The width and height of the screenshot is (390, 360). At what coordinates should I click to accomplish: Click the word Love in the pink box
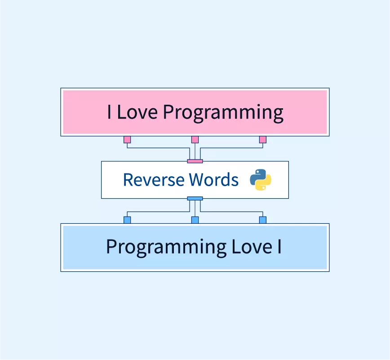click(137, 112)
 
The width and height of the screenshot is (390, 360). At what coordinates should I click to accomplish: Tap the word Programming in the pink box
click(223, 113)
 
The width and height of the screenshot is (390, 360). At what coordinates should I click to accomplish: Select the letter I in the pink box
click(109, 112)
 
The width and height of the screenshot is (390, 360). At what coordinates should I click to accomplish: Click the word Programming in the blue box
click(166, 248)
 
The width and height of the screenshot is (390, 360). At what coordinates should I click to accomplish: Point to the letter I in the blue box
click(279, 247)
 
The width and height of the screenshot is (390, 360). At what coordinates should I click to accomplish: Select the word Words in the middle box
click(214, 180)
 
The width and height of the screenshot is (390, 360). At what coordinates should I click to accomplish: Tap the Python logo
click(261, 180)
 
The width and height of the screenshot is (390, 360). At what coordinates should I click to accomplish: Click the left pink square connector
click(127, 140)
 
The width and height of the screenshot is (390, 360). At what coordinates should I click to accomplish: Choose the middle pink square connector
click(195, 140)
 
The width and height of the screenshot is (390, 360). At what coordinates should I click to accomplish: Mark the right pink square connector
click(263, 140)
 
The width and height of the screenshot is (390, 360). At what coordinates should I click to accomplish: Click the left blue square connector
click(127, 220)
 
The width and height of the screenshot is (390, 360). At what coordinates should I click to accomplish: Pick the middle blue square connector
click(195, 220)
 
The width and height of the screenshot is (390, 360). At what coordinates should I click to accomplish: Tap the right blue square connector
click(263, 220)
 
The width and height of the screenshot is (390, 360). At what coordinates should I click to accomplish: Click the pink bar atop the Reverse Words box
click(195, 161)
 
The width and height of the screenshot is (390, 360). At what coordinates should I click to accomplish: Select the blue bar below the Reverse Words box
click(195, 198)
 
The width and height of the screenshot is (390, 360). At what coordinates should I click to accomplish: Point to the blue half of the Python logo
click(257, 176)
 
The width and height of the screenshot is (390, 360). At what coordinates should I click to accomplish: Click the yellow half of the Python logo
click(264, 183)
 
